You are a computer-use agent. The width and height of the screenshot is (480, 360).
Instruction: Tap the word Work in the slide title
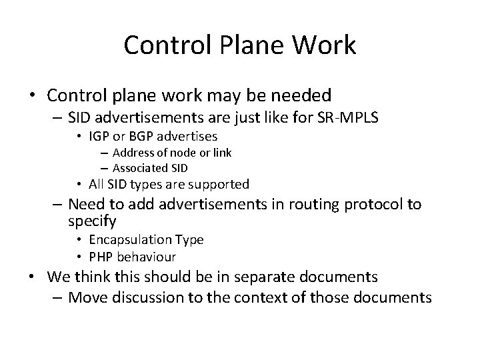point(326,45)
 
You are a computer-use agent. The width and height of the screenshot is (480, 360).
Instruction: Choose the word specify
point(93,220)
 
